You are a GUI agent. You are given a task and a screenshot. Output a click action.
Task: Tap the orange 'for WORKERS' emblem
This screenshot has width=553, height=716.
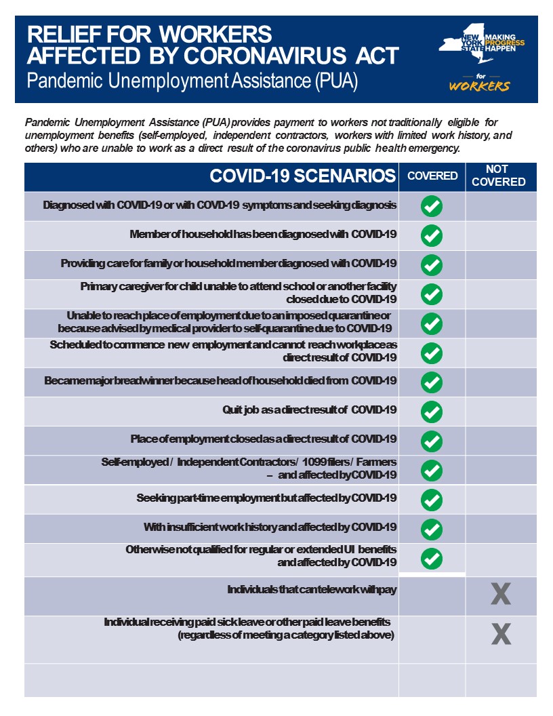[x=479, y=83]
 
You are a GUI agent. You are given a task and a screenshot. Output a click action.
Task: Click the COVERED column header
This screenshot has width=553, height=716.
[x=432, y=176]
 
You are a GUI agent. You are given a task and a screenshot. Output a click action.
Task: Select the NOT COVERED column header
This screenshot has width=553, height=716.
[x=498, y=176]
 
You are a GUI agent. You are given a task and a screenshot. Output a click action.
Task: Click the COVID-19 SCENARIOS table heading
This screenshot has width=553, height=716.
[x=302, y=176]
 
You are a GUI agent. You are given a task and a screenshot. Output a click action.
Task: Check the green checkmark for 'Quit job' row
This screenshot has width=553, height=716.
[x=432, y=412]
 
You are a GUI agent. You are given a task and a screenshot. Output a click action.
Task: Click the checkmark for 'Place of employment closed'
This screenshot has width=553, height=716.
[x=432, y=441]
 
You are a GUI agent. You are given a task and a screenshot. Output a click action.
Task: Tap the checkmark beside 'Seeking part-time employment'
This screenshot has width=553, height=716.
[x=432, y=500]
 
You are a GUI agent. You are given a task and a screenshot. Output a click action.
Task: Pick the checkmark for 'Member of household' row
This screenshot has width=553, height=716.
[x=432, y=235]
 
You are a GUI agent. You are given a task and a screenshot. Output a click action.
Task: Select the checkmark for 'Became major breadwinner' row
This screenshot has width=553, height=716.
[x=432, y=382]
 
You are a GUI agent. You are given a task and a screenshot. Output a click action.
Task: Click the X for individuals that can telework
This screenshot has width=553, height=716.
[x=500, y=595]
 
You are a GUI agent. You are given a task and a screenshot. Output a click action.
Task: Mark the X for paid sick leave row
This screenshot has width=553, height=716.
[x=500, y=634]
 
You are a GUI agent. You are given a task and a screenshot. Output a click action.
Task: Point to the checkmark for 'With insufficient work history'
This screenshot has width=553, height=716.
[x=432, y=529]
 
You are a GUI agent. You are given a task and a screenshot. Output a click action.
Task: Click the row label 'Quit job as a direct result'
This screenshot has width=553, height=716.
[x=309, y=410]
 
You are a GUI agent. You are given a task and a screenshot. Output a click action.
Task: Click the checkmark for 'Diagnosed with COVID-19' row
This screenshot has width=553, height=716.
[x=432, y=206]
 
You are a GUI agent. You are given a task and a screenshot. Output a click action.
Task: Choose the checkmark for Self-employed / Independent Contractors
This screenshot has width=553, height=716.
[x=432, y=470]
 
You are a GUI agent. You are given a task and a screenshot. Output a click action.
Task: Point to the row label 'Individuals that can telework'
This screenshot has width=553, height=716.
[x=312, y=590]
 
